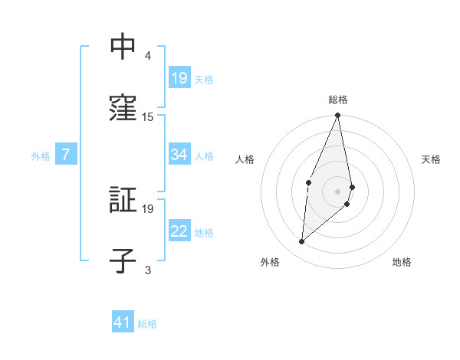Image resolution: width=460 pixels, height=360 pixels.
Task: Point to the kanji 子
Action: click(x=123, y=260)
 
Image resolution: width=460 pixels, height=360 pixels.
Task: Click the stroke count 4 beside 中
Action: click(x=148, y=56)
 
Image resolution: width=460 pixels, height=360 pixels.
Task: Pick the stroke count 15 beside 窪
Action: click(x=148, y=116)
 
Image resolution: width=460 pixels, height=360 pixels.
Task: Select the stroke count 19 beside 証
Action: click(x=148, y=209)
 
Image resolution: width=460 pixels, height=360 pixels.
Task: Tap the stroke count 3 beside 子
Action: click(x=148, y=270)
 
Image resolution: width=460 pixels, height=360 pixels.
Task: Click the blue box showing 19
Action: click(x=179, y=78)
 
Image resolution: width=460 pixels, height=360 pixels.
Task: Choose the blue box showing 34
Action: click(x=179, y=155)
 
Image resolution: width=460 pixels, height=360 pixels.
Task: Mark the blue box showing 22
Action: click(x=179, y=232)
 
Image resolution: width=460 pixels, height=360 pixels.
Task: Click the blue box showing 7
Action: click(x=66, y=155)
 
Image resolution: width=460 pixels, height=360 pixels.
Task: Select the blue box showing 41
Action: click(x=123, y=323)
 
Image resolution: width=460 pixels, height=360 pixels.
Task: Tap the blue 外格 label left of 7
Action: click(x=41, y=156)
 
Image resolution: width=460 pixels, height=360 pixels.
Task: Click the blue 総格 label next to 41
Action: click(x=147, y=324)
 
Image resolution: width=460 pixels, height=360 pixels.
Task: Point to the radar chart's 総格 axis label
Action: click(x=338, y=100)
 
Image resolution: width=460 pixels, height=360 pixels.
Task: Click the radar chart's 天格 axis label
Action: click(x=432, y=159)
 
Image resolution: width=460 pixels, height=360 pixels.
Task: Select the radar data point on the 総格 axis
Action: click(x=338, y=116)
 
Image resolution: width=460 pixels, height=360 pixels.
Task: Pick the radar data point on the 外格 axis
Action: click(x=302, y=242)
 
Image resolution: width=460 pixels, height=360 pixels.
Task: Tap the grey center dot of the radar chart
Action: click(x=338, y=191)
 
